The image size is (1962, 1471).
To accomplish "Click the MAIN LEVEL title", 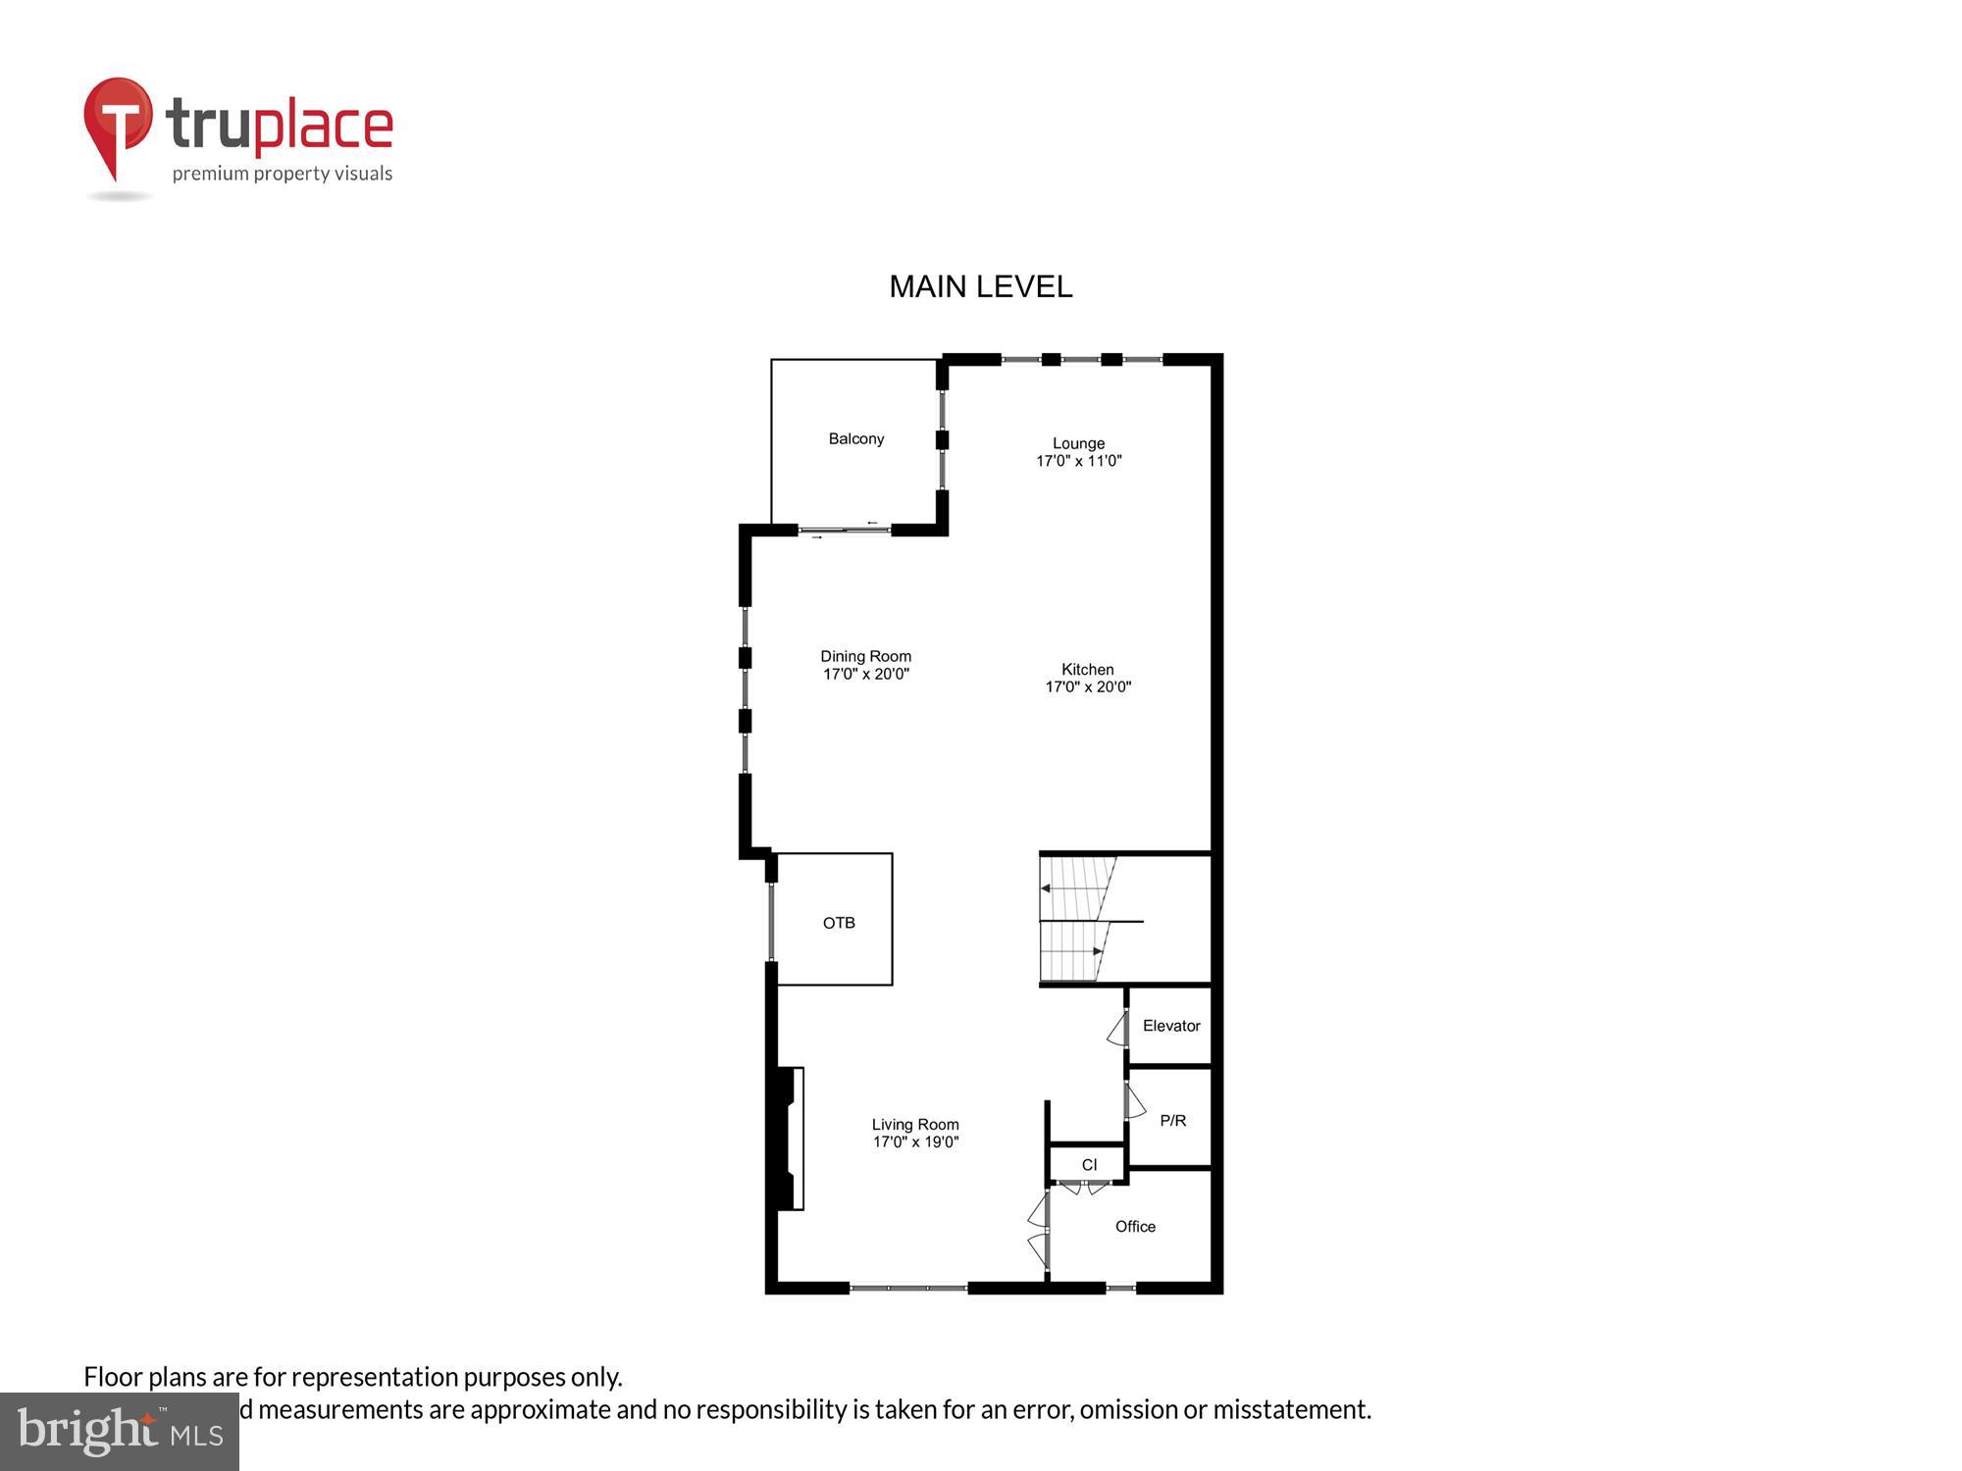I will tap(980, 286).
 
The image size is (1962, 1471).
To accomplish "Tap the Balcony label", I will tap(855, 438).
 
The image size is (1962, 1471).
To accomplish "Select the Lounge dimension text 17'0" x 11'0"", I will tap(1078, 461).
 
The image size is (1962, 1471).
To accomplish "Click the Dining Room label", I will tap(865, 656).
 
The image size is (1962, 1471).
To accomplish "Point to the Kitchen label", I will tap(1087, 669).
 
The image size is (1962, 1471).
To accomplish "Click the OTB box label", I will tap(839, 923).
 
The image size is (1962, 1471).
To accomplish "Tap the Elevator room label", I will tap(1170, 1026).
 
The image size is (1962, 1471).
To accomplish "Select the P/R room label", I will tap(1172, 1120).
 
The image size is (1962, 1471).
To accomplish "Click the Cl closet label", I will tap(1089, 1165).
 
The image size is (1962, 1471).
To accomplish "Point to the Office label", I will tap(1135, 1227).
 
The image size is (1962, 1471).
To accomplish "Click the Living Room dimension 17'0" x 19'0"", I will tap(915, 1141).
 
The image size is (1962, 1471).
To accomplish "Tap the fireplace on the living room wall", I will tap(791, 1138).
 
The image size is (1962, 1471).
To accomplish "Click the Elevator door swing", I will tap(1117, 1030).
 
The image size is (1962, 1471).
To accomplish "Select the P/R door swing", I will tap(1135, 1103).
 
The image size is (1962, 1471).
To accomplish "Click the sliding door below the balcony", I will tap(844, 531).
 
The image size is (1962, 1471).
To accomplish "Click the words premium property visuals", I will tap(283, 174).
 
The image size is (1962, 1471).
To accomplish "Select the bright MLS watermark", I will tap(120, 1432).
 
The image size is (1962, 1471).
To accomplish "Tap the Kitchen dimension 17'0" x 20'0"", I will tap(1088, 687).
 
